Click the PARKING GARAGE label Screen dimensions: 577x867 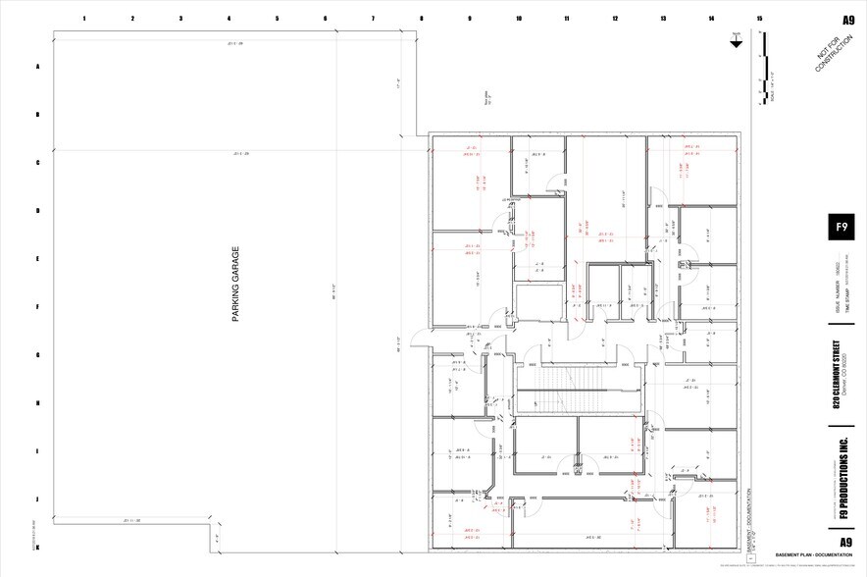point(235,284)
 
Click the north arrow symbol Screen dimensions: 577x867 point(736,40)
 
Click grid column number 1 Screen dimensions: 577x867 point(84,19)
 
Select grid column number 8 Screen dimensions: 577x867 point(422,19)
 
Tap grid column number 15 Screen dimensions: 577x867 point(759,19)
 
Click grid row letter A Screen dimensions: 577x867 point(38,67)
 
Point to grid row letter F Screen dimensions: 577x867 point(38,307)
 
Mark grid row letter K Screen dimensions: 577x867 point(38,547)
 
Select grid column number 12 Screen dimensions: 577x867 point(615,19)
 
